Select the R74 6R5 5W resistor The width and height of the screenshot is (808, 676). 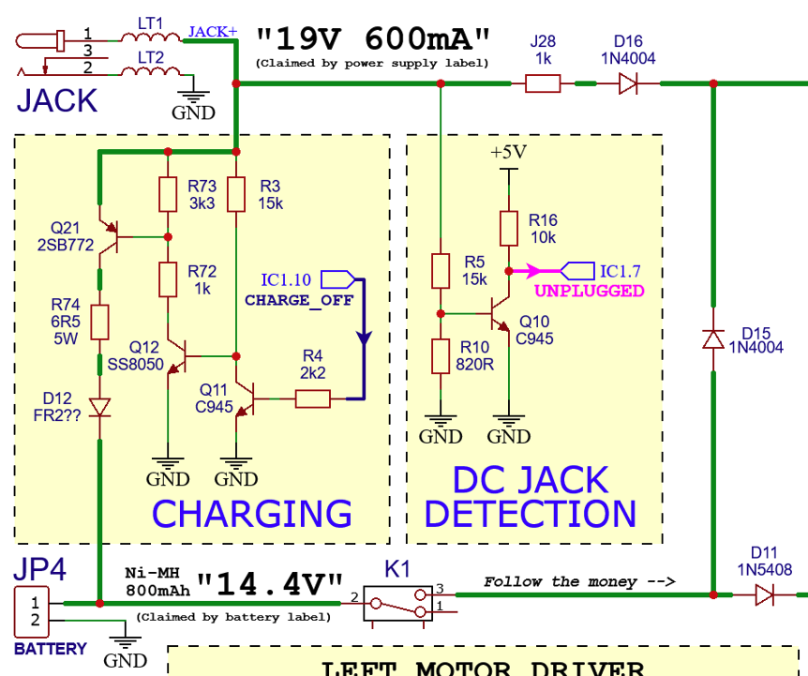click(x=99, y=321)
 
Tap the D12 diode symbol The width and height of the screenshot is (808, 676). click(x=99, y=406)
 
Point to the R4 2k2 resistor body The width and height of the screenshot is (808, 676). click(x=312, y=399)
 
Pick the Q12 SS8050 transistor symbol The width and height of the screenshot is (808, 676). click(x=178, y=356)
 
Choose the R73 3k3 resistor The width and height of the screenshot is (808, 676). click(x=168, y=194)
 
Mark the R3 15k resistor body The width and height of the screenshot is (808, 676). click(x=236, y=194)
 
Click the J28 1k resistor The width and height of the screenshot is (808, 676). click(x=543, y=84)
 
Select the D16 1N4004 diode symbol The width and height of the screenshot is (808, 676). click(x=628, y=84)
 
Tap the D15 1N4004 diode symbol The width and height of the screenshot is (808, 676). click(x=713, y=338)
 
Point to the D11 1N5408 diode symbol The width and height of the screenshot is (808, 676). click(x=764, y=593)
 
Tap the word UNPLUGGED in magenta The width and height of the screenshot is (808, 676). click(x=590, y=291)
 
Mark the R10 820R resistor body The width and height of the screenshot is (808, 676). click(x=441, y=356)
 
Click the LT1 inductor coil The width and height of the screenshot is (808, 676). click(x=150, y=38)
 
